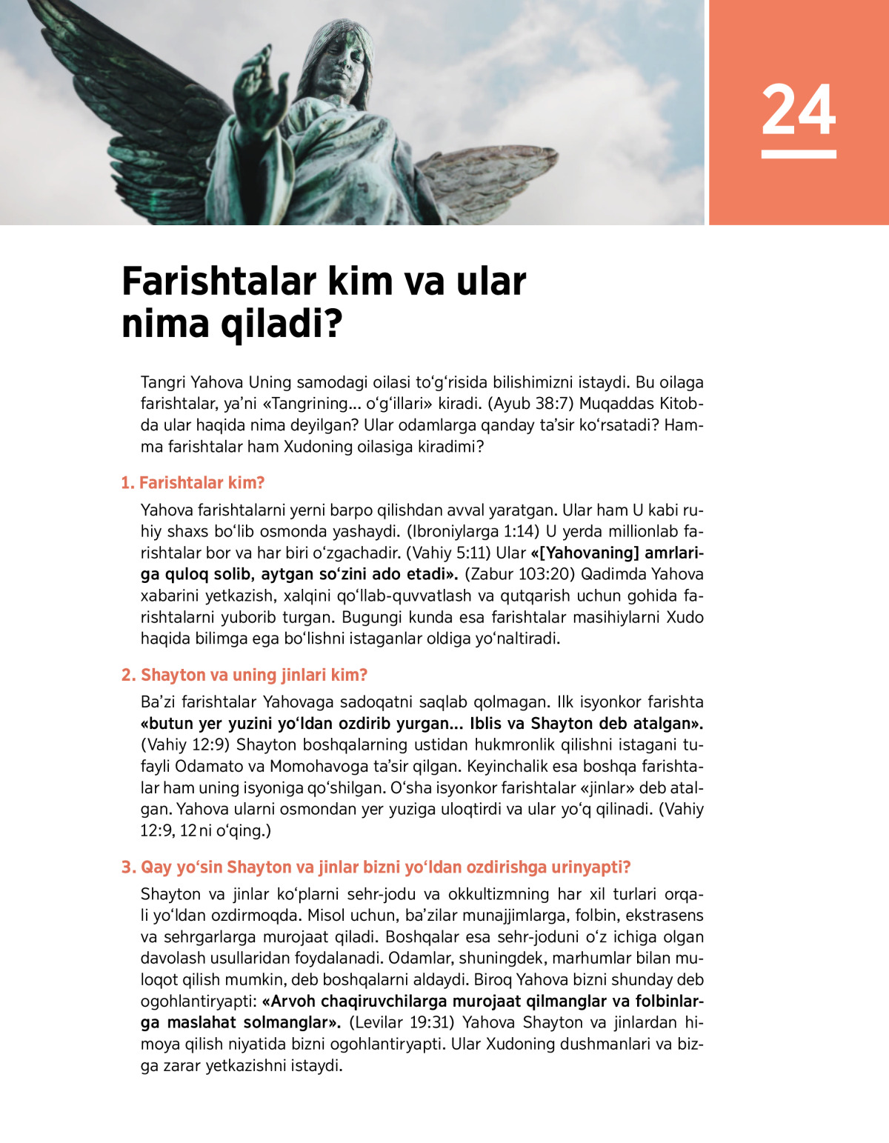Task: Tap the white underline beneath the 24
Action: point(799,154)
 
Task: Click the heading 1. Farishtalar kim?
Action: point(193,483)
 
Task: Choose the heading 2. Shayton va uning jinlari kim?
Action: point(244,675)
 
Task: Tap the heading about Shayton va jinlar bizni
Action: point(376,867)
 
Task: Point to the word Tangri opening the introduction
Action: point(163,383)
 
